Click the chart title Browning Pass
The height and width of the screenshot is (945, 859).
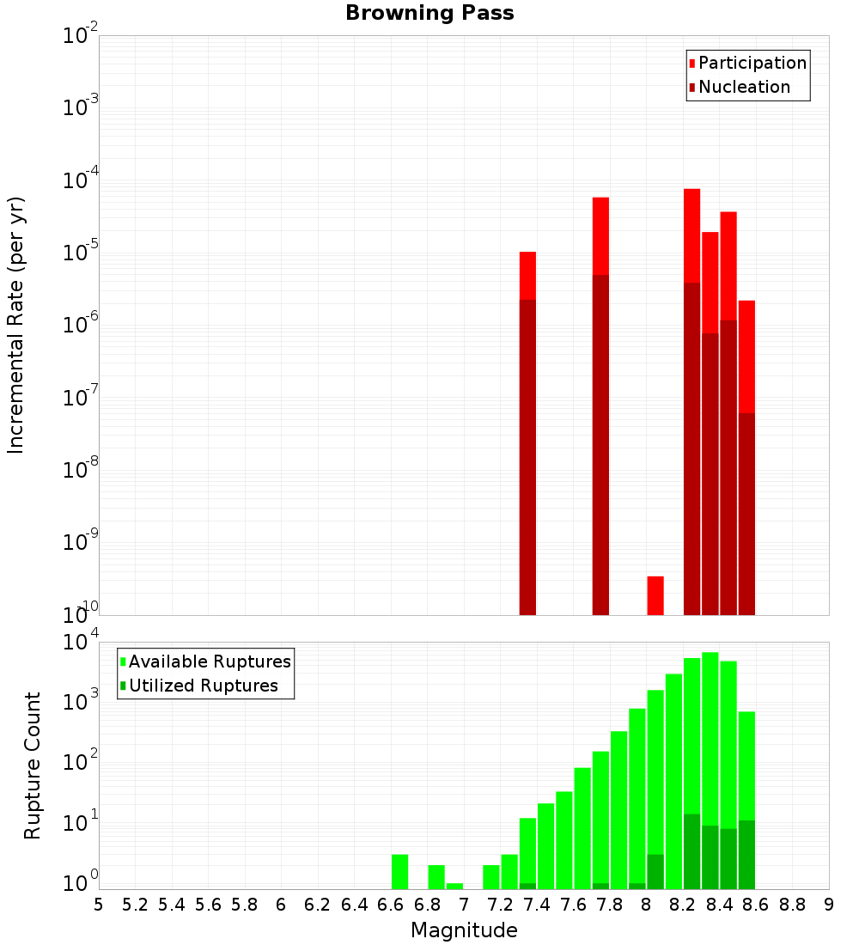point(429,13)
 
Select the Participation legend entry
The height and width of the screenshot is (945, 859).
point(752,63)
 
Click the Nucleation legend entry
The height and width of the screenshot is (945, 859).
point(743,87)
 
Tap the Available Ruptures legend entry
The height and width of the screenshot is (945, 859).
point(209,661)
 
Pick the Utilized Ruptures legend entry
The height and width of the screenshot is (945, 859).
point(203,686)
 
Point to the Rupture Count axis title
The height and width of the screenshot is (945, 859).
point(33,765)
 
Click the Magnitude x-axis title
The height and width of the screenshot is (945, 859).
point(464,930)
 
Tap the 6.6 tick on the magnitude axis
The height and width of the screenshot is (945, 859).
point(391,905)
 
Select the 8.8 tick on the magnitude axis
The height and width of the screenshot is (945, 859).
point(792,905)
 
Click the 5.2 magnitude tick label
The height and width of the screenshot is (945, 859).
point(135,905)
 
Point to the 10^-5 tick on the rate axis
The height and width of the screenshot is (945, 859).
point(80,253)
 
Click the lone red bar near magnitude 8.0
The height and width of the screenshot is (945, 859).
point(655,595)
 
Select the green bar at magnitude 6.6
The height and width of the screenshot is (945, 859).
point(399,871)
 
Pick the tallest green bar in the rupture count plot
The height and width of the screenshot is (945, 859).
point(710,730)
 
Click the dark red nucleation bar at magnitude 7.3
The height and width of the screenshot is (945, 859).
point(527,455)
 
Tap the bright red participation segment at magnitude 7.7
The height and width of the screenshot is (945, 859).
point(600,235)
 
